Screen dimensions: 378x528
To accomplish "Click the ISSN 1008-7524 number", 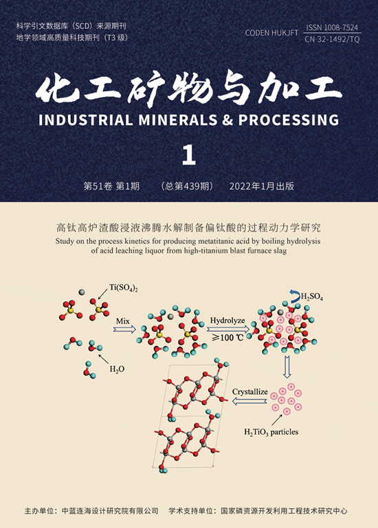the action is pos(332,27).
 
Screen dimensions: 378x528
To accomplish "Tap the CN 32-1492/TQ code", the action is pos(332,39).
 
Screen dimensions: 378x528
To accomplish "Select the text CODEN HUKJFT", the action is pos(271,33).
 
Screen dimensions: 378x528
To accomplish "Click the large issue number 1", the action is pos(189,155).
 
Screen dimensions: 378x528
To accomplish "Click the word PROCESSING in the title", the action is pos(288,120).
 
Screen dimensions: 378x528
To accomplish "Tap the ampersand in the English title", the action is pos(228,121).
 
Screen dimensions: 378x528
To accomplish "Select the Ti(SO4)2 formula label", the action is pos(124,288).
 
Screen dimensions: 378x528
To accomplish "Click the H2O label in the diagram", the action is pos(117,369).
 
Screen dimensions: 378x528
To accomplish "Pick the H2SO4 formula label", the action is pos(311,297).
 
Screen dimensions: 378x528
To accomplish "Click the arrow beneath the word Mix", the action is pos(124,329).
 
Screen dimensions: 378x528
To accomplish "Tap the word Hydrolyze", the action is pos(227,320).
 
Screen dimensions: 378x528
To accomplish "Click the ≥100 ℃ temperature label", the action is pos(227,337).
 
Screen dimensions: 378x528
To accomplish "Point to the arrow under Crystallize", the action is pos(249,401).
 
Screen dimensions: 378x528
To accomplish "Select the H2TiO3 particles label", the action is pos(271,432).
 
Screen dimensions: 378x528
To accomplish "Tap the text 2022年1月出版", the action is pos(262,186).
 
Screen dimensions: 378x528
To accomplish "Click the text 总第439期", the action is pos(187,186).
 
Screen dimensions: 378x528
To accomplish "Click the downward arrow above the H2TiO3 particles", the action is pos(287,367).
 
